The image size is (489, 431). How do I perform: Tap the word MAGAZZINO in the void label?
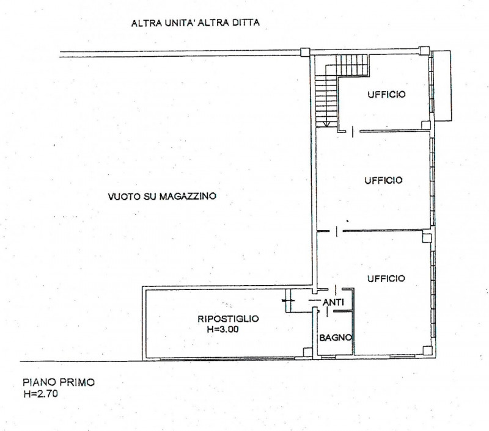coord(189,197)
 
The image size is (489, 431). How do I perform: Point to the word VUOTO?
coord(122,197)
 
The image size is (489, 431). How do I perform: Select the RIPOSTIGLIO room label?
coord(228,318)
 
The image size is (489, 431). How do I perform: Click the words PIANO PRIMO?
coord(57,383)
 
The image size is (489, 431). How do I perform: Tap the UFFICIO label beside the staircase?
coord(387,95)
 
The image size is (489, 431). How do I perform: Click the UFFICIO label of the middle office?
coord(383,180)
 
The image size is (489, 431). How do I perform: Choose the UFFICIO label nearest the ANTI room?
coord(386,278)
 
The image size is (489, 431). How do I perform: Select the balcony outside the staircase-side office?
coord(443,85)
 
